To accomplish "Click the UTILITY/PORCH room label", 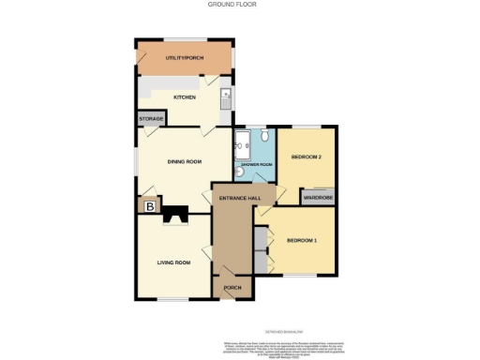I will [184, 59].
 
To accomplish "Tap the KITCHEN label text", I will [184, 97].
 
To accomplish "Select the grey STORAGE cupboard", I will [151, 119].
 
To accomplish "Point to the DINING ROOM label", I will [185, 162].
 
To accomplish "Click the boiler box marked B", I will [148, 206].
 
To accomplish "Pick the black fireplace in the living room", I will [175, 215].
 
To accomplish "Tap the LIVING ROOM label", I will [173, 262].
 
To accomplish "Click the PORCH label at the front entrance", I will [232, 288].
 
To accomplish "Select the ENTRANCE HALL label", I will [238, 199].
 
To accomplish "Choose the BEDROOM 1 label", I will [302, 241].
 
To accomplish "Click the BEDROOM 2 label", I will [307, 157].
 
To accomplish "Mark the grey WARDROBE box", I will [317, 198].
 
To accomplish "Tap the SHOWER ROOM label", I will [256, 165].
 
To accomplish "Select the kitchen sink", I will [226, 97].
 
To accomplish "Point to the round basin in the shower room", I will [265, 136].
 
